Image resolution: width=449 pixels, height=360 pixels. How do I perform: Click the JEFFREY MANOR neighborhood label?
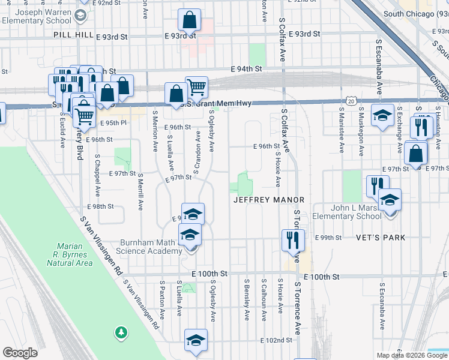coord(269,199)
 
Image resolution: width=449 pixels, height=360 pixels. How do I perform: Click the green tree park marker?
coord(121,332)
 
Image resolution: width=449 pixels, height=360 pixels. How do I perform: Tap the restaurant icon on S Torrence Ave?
coord(293,240)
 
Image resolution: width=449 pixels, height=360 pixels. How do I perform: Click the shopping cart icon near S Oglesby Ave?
coord(196,88)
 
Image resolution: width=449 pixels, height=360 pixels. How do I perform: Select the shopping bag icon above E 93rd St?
coord(189,21)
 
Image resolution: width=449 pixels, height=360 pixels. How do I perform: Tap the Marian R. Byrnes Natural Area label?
coord(74,254)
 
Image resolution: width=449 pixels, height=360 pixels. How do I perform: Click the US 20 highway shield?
coord(351,101)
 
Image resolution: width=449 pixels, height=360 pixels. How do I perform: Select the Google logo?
coord(20,353)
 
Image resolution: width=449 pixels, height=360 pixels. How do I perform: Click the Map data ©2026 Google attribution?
coord(412,355)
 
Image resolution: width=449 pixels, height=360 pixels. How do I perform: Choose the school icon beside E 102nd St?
coord(196,340)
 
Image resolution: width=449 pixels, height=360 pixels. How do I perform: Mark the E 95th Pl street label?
coord(115,123)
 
